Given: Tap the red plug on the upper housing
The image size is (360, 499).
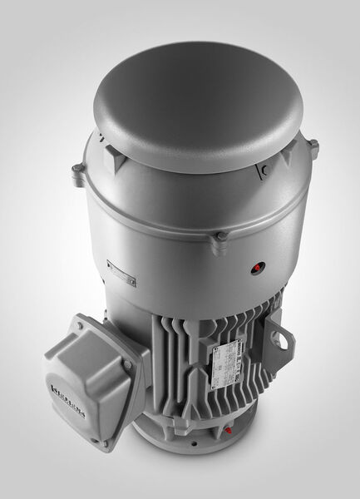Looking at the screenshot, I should pos(255,269).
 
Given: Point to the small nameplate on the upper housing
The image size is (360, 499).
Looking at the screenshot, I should pos(121,273).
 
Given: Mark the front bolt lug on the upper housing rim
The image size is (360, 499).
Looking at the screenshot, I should pos(220,239).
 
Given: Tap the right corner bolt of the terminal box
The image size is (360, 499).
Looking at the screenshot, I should pos(128,364).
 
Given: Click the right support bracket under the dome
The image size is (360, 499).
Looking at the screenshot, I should pos(265,170).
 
